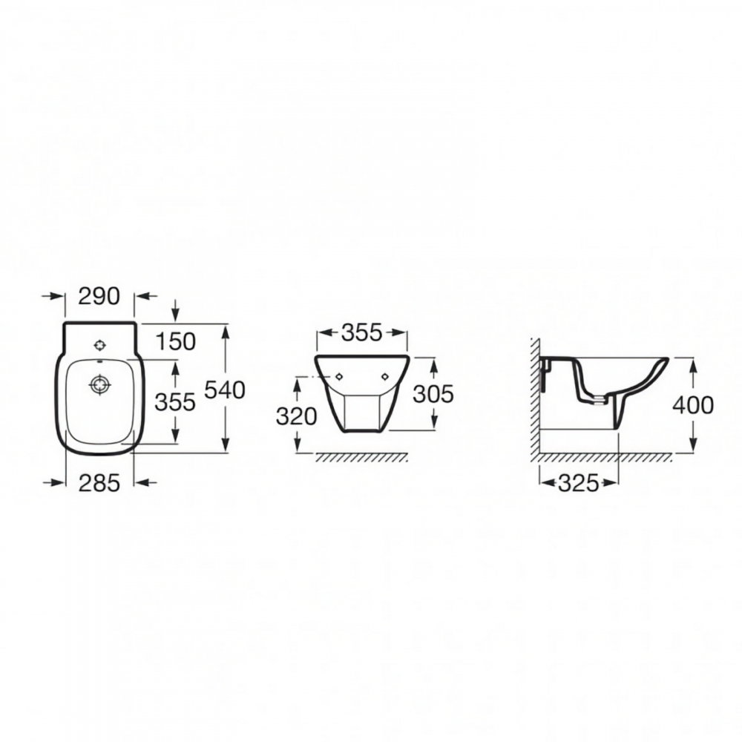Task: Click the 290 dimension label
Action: click(x=99, y=296)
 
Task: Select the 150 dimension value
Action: click(x=175, y=341)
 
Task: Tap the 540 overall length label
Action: click(x=225, y=390)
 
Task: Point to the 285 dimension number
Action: click(x=99, y=483)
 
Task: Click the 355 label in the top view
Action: click(x=175, y=402)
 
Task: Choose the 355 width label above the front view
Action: click(x=361, y=332)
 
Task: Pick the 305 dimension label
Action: click(x=433, y=394)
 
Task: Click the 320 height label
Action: click(x=296, y=416)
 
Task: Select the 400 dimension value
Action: click(x=693, y=406)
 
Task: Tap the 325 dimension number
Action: click(x=579, y=483)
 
